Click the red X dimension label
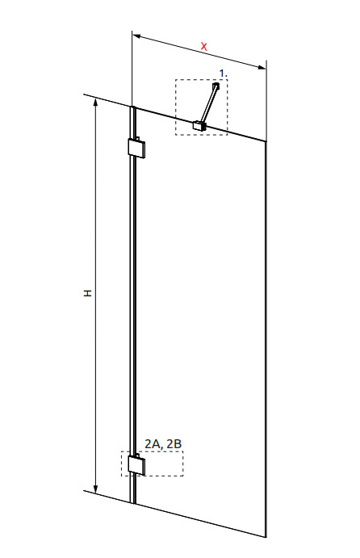204,46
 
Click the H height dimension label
87,293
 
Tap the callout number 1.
223,73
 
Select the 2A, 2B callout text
163,444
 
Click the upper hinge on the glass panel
136,147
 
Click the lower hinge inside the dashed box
136,465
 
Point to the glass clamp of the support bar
199,126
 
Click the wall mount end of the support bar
216,86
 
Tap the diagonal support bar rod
208,104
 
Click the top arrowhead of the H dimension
95,101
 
